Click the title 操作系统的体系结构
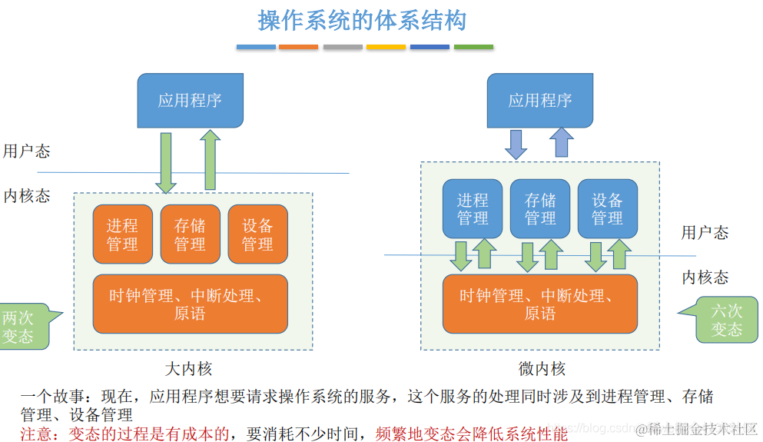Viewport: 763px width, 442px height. (x=362, y=21)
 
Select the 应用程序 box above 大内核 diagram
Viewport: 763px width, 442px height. (x=190, y=100)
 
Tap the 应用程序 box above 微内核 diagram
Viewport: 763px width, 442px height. (x=540, y=100)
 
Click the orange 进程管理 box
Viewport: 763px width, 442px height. (x=122, y=234)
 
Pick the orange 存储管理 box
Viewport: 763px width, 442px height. (x=190, y=234)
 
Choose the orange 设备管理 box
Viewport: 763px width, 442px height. (x=257, y=234)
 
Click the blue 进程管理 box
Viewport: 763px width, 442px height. (x=473, y=208)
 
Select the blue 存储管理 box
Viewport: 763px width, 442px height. (x=540, y=208)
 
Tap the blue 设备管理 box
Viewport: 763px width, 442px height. (x=607, y=208)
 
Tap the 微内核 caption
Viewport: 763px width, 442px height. (x=541, y=368)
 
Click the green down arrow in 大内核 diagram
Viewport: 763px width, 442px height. (x=165, y=161)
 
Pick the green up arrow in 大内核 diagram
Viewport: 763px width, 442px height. (x=210, y=160)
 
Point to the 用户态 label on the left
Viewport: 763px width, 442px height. (x=26, y=151)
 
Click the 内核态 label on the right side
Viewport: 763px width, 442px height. (x=705, y=277)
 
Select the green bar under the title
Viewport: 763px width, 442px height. (x=473, y=47)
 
